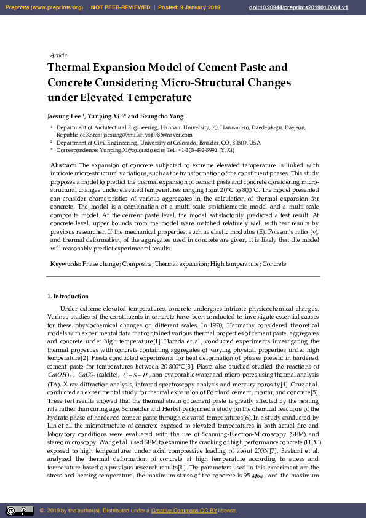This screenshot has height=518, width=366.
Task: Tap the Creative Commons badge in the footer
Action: tap(20, 510)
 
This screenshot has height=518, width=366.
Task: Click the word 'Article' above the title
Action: tap(58, 55)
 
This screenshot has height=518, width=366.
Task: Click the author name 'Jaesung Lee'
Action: tap(64, 116)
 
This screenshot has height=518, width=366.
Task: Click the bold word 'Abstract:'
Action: tap(63, 165)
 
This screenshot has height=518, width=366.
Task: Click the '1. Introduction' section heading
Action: tap(68, 297)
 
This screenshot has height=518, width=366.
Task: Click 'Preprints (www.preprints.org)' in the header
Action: tap(44, 7)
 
